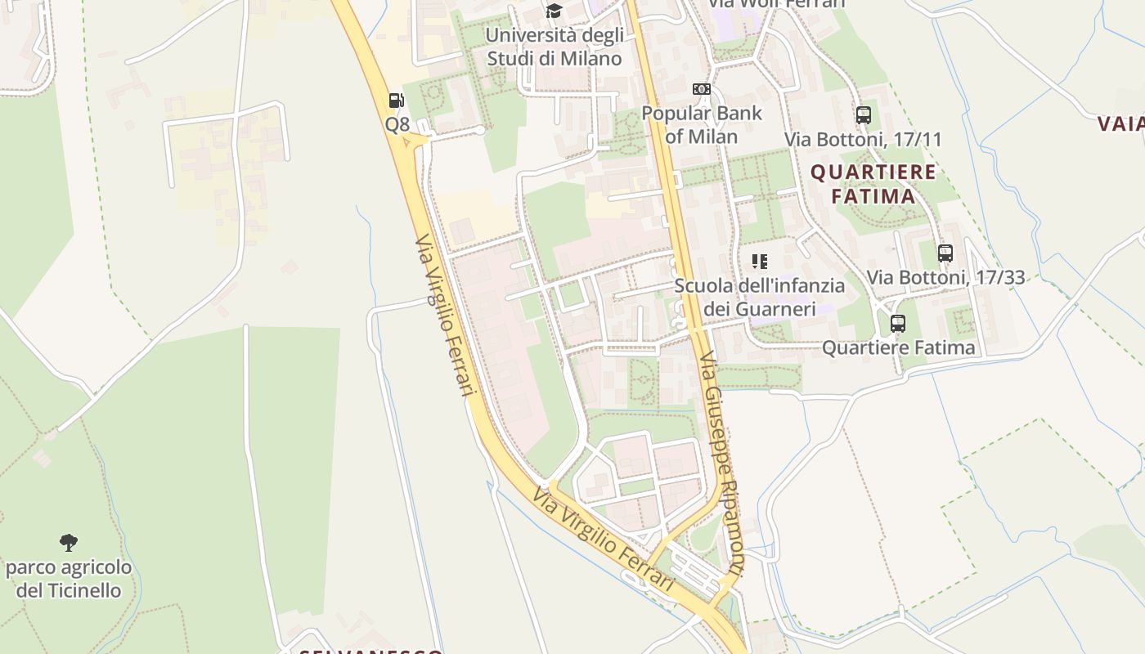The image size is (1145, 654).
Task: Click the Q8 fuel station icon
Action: tap(397, 101)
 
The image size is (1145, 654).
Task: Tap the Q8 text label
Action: tap(397, 125)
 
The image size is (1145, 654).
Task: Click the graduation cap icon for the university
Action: tap(555, 11)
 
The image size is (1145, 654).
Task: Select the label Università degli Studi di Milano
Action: tap(555, 47)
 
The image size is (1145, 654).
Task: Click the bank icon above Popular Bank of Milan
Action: tap(702, 89)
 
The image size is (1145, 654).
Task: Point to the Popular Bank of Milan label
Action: tap(702, 124)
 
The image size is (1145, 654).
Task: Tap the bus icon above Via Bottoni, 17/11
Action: tap(863, 115)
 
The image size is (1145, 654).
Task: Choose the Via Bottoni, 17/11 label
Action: tap(863, 139)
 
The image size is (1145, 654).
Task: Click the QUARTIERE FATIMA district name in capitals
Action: tap(873, 184)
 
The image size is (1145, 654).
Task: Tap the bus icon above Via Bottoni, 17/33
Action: tap(945, 253)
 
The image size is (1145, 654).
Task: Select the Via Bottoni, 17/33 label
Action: tap(945, 277)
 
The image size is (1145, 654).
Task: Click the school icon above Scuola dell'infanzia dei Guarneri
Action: tap(760, 262)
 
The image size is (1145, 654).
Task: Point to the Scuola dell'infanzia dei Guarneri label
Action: tap(760, 297)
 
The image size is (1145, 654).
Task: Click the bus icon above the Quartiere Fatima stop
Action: tap(898, 324)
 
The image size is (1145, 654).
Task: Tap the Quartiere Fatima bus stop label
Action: tap(898, 347)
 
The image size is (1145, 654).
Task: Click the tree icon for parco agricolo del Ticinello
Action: tap(69, 542)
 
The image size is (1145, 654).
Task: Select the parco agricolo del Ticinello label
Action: tap(69, 579)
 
